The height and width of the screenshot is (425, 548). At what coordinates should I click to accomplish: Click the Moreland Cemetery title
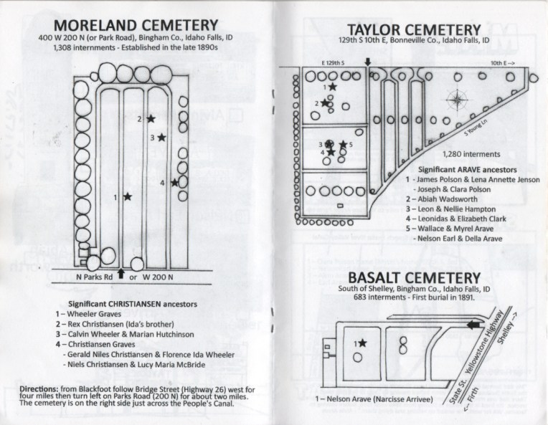[x=136, y=26]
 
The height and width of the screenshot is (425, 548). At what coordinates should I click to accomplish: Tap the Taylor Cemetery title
[x=414, y=29]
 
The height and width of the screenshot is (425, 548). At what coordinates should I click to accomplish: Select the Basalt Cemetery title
[x=415, y=278]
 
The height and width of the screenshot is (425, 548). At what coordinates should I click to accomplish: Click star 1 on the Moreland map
[x=128, y=196]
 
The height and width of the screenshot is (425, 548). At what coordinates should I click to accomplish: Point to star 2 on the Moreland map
[x=151, y=119]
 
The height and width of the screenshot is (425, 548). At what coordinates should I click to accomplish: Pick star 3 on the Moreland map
[x=161, y=138]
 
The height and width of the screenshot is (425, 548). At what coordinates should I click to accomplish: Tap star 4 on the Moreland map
[x=175, y=182]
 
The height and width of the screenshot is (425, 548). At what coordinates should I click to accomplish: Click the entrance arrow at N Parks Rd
[x=121, y=274]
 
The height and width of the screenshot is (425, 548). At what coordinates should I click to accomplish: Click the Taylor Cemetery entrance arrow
[x=368, y=62]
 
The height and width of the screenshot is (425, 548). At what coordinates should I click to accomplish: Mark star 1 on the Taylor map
[x=332, y=86]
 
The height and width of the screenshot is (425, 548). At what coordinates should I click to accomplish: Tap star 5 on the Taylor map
[x=343, y=144]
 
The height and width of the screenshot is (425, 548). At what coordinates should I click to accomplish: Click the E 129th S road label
[x=333, y=63]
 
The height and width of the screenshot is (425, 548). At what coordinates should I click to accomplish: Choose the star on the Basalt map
[x=362, y=343]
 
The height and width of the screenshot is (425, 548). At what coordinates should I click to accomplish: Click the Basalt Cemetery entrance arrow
[x=474, y=325]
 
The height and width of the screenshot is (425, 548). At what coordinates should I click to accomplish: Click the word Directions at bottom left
[x=39, y=389]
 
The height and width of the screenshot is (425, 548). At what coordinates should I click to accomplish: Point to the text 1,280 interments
[x=471, y=154]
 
